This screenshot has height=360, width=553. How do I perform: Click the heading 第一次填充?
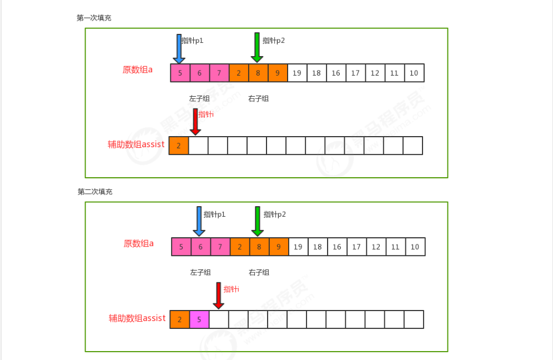(x=94, y=18)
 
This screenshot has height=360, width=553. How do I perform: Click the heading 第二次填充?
(x=95, y=192)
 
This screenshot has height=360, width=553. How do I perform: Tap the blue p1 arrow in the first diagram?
(x=179, y=48)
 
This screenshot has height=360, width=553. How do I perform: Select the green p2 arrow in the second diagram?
(x=257, y=221)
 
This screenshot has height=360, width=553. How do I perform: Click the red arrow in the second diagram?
(x=219, y=296)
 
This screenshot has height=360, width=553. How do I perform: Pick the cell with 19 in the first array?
(x=297, y=73)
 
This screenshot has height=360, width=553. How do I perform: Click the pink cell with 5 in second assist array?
(x=199, y=319)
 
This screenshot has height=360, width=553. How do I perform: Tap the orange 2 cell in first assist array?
(x=179, y=146)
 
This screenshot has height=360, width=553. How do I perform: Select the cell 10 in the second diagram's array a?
(x=415, y=247)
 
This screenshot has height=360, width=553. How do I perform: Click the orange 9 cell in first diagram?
(x=278, y=73)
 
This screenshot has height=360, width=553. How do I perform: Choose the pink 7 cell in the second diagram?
(x=220, y=247)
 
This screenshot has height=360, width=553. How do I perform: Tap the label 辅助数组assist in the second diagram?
(x=137, y=318)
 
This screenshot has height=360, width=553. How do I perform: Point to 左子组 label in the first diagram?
(x=199, y=98)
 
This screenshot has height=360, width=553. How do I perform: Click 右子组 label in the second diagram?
(x=259, y=272)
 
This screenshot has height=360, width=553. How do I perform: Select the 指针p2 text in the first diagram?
(x=274, y=41)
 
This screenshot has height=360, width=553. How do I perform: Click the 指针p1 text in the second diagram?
(x=215, y=214)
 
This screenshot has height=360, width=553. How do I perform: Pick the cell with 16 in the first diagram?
(x=336, y=73)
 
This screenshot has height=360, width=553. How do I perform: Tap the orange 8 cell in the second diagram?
(x=259, y=247)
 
